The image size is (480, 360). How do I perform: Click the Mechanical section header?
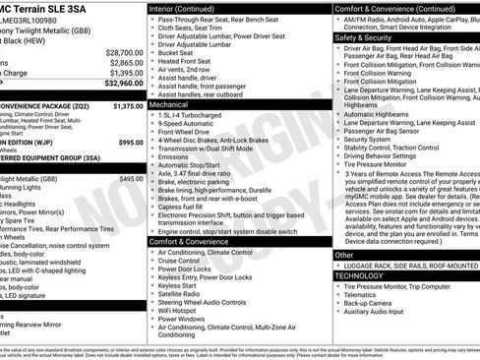tap(169, 102)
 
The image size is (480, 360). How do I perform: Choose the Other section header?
tap(345, 255)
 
